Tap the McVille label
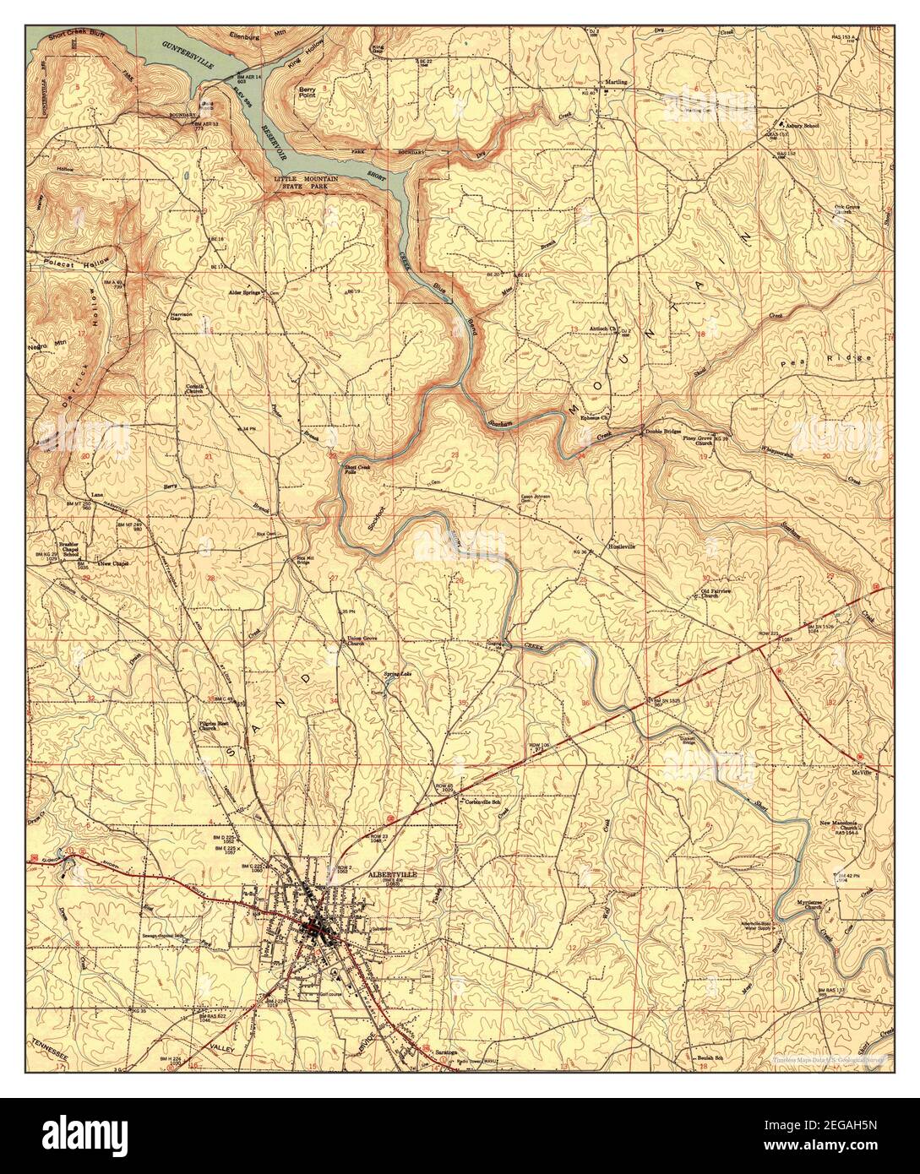pyautogui.click(x=874, y=771)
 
